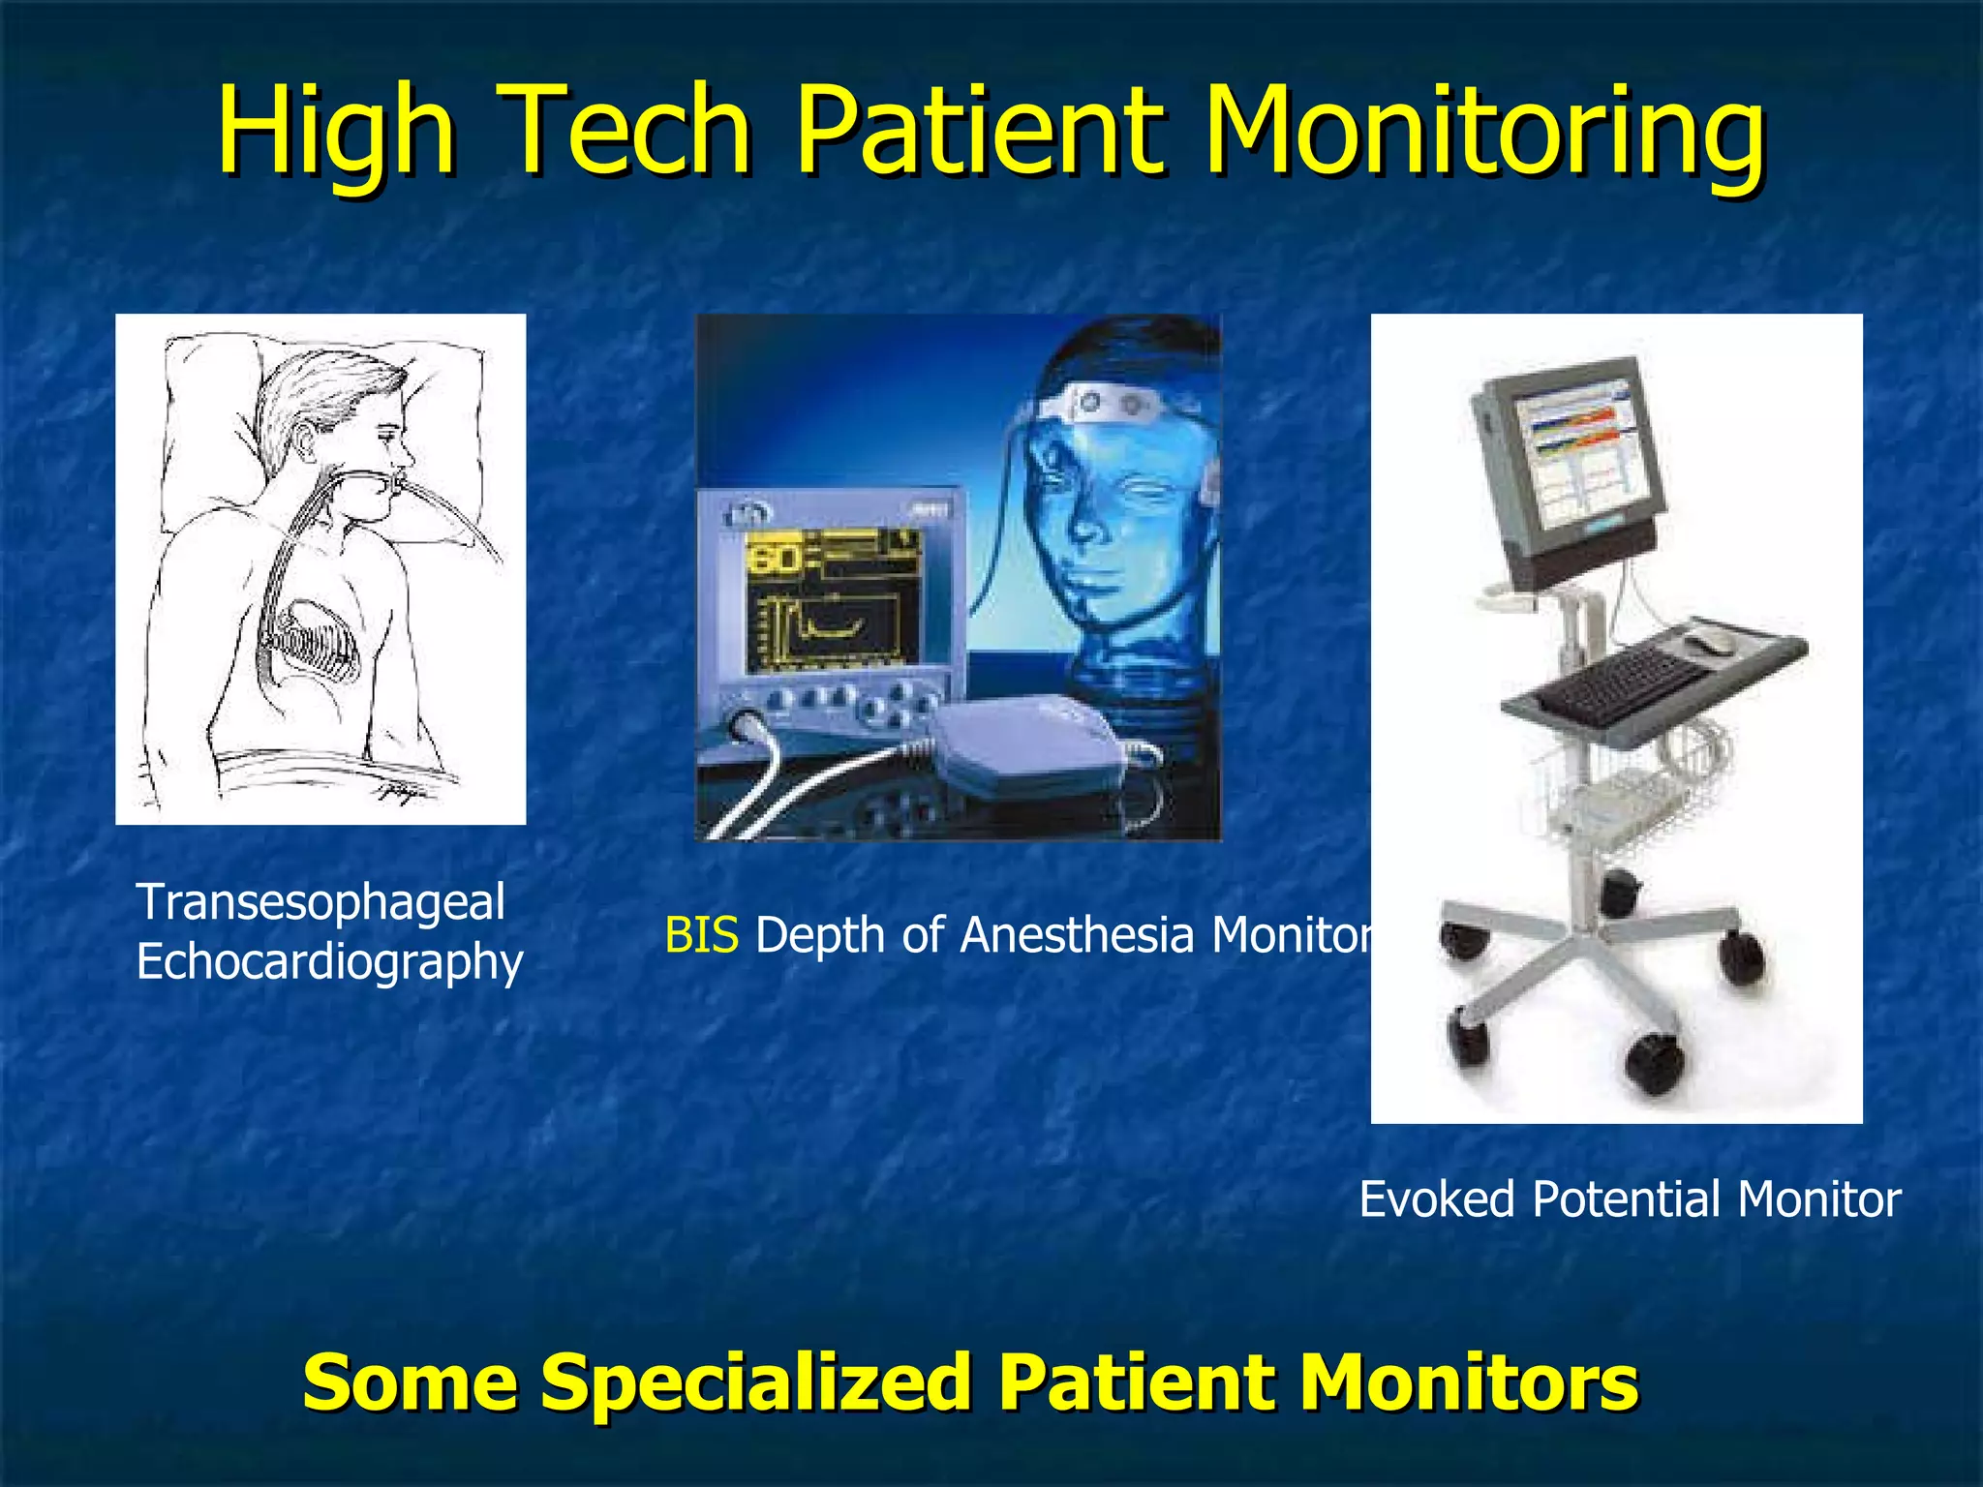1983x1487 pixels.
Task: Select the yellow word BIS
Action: pyautogui.click(x=701, y=935)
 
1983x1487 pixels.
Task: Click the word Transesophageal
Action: pyautogui.click(x=320, y=902)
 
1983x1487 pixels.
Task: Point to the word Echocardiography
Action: pyautogui.click(x=329, y=962)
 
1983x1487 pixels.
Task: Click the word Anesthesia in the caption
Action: pyautogui.click(x=1076, y=935)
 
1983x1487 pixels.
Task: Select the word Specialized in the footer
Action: pyautogui.click(x=755, y=1382)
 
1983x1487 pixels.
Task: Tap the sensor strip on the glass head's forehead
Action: pyautogui.click(x=1114, y=402)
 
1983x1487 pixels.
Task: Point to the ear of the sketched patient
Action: pyautogui.click(x=308, y=440)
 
